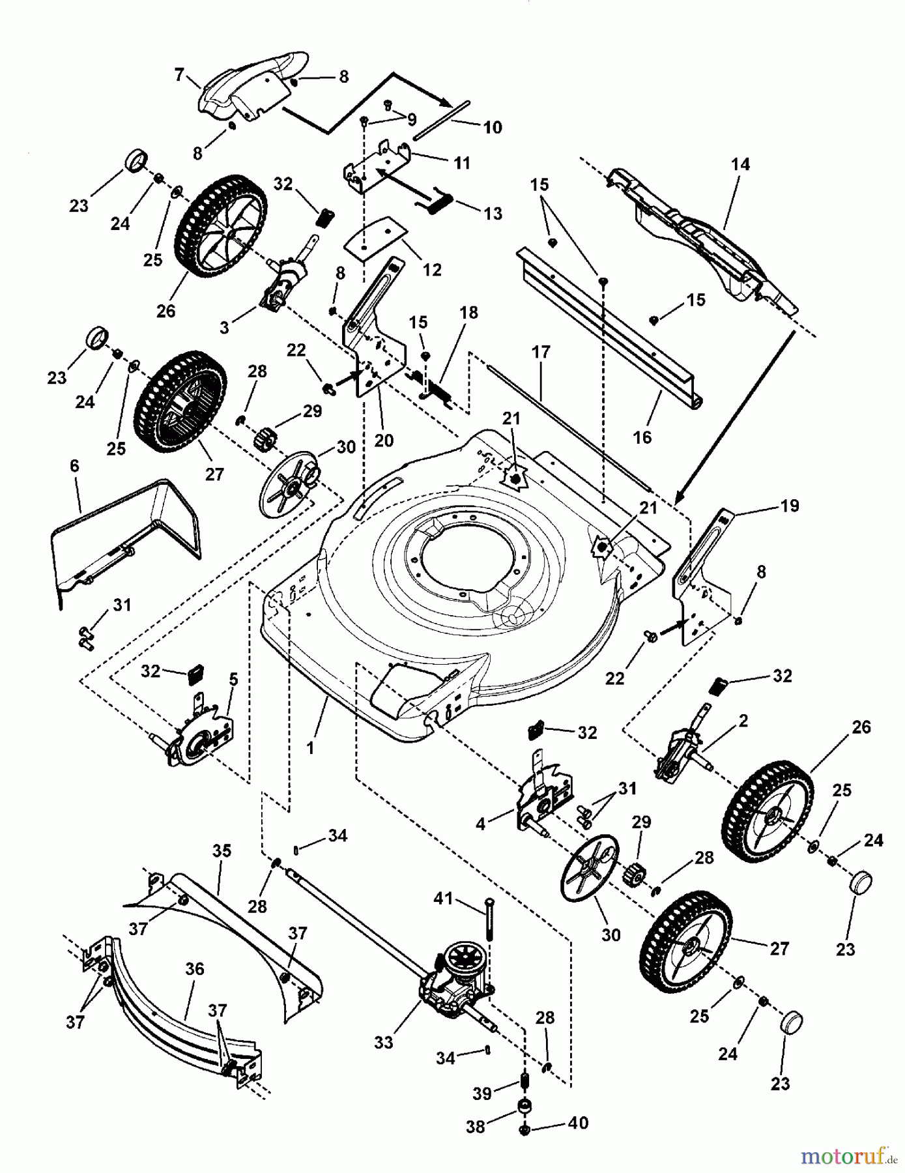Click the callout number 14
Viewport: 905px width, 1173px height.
tap(740, 164)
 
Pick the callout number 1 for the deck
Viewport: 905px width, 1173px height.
tap(310, 748)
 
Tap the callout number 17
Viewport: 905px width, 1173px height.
tap(540, 353)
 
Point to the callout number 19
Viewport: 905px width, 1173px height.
tap(790, 506)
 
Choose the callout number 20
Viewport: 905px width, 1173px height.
tap(384, 441)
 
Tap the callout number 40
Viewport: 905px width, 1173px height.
tap(578, 1123)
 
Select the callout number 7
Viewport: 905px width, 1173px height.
tap(179, 75)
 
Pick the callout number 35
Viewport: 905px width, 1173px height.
tap(222, 850)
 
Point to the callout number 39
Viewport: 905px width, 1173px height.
tap(482, 1093)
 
